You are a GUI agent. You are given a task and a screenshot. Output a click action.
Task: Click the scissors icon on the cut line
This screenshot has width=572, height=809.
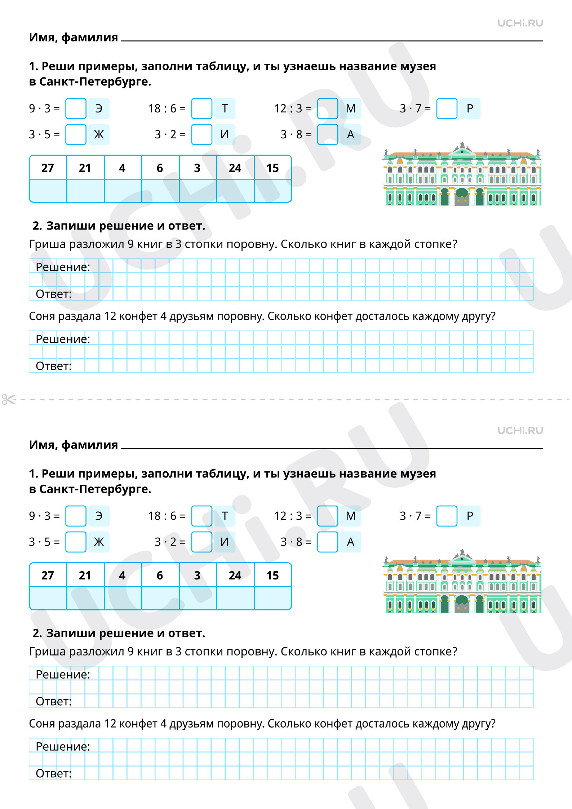[9, 399]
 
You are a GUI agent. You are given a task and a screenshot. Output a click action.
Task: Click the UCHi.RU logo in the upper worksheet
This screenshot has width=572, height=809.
[520, 23]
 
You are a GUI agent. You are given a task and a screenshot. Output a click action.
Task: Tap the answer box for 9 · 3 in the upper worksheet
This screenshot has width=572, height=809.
[76, 108]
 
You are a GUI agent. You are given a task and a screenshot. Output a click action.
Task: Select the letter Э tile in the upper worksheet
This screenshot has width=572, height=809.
[99, 108]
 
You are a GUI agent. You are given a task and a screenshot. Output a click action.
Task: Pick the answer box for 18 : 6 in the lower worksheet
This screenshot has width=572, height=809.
[201, 516]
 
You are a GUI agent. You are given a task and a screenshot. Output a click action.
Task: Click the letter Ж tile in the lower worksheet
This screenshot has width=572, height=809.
[99, 542]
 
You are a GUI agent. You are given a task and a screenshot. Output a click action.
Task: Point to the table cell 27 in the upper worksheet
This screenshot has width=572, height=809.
[48, 168]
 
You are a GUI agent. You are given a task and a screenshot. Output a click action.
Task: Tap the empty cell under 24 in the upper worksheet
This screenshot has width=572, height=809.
[235, 191]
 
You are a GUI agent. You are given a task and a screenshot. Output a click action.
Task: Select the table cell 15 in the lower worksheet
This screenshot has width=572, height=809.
[272, 575]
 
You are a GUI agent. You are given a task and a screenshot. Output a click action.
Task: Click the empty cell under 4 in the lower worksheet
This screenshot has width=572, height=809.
[123, 598]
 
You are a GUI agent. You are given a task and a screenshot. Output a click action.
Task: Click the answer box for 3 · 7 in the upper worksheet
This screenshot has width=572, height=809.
[447, 108]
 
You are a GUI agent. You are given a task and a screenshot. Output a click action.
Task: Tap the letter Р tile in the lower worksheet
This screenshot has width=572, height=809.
[470, 516]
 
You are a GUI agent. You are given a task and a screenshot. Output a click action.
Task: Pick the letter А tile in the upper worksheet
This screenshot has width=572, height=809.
[350, 134]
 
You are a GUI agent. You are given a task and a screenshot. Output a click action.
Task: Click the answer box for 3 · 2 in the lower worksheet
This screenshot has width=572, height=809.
[201, 542]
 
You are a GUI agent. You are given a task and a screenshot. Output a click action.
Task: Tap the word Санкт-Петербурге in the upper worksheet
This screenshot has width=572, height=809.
[95, 82]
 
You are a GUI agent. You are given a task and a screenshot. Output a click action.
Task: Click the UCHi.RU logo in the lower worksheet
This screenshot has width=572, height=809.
[520, 431]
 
